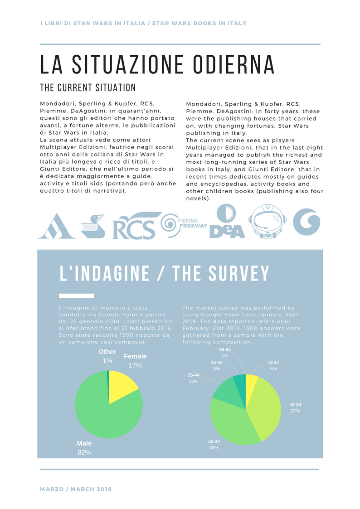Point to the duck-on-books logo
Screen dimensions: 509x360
point(93,226)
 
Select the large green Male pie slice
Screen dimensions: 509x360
point(104,412)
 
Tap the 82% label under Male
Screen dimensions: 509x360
point(84,452)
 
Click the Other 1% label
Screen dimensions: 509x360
point(107,356)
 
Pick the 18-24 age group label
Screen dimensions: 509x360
point(295,404)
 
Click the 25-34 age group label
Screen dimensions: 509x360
point(214,441)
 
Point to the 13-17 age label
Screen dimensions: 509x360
point(273,363)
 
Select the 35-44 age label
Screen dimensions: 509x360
point(194,375)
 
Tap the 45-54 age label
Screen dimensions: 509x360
point(217,363)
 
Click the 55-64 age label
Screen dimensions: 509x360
point(225,350)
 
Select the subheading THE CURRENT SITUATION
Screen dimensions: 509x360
point(88,87)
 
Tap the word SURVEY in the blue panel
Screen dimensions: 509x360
point(239,273)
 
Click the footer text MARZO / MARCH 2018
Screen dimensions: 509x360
point(76,489)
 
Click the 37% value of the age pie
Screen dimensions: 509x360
point(295,411)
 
